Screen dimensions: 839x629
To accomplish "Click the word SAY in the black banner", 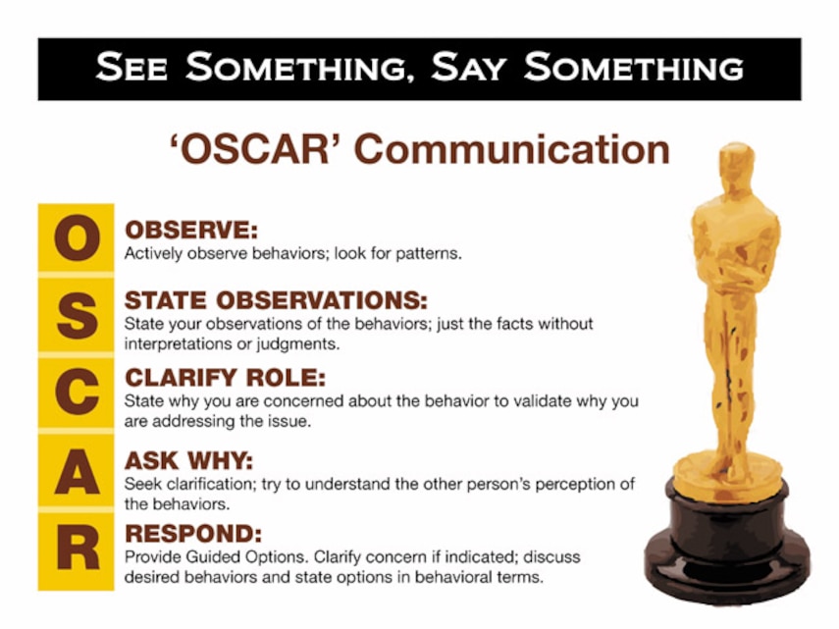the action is pyautogui.click(x=468, y=68).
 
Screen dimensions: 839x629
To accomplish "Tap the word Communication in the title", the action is pyautogui.click(x=511, y=149).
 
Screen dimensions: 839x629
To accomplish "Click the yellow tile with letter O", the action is pyautogui.click(x=76, y=237).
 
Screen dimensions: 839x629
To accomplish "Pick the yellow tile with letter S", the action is pyautogui.click(x=76, y=316).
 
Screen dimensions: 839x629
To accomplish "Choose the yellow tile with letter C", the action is pyautogui.click(x=76, y=393).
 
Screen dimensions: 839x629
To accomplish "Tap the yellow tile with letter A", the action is pyautogui.click(x=76, y=470).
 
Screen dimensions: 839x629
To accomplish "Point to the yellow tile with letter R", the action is pyautogui.click(x=76, y=550).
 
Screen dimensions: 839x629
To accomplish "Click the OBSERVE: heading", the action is pyautogui.click(x=191, y=230).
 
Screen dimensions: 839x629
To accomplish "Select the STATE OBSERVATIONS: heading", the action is pyautogui.click(x=276, y=300).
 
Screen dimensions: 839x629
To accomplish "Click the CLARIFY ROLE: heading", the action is pyautogui.click(x=226, y=378).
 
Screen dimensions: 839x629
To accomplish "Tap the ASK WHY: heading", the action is pyautogui.click(x=188, y=460).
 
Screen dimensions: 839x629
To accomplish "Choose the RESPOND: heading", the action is pyautogui.click(x=193, y=533).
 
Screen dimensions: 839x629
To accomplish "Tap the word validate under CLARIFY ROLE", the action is pyautogui.click(x=542, y=401).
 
